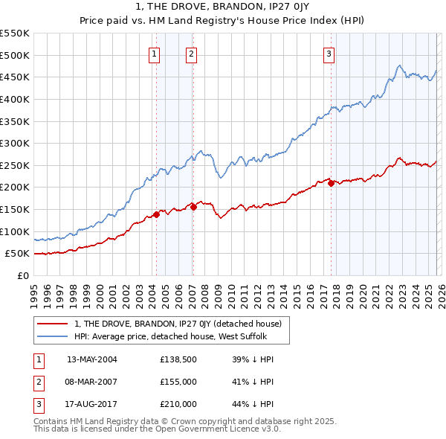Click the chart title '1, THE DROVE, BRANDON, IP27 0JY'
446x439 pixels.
(x=222, y=8)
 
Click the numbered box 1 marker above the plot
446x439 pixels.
(x=154, y=54)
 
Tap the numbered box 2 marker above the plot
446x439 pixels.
(x=191, y=54)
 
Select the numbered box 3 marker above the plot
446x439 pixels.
(x=329, y=54)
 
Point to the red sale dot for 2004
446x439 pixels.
(x=156, y=214)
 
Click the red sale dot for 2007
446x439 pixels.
(x=193, y=207)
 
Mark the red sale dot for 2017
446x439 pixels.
(x=331, y=183)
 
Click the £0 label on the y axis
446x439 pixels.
(x=22, y=275)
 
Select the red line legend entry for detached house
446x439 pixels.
(x=177, y=324)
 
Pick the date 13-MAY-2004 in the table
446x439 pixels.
(x=92, y=359)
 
